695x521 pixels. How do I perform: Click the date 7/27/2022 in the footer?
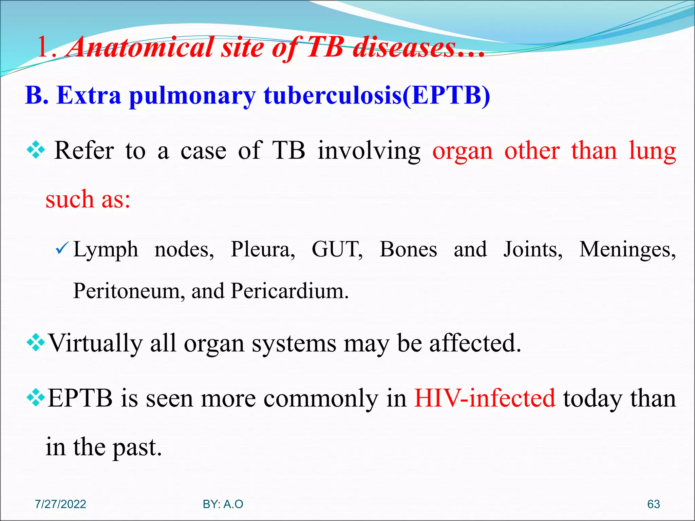coord(60,504)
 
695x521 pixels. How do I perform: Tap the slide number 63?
coord(653,504)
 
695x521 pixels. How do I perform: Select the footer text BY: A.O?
coord(223,504)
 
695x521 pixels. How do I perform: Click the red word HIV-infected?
coord(485,398)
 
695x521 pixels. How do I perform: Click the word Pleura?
coord(263,250)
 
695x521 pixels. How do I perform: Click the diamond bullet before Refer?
coord(36,150)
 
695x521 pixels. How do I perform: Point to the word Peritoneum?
coord(129,291)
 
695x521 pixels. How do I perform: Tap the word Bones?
coord(408,250)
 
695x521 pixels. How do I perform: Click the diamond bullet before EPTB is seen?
coord(36,398)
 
